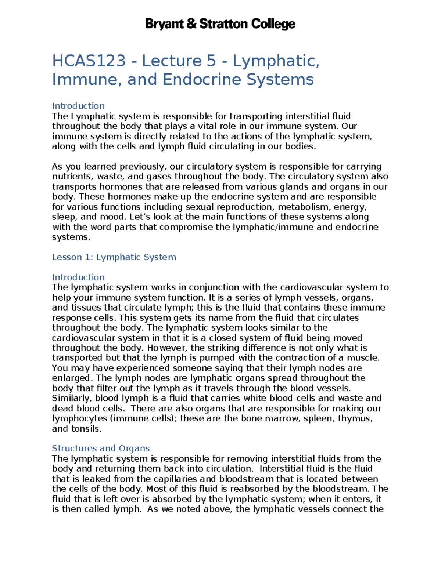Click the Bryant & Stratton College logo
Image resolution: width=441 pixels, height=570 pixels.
click(220, 24)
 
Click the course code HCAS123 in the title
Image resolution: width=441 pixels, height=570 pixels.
click(89, 61)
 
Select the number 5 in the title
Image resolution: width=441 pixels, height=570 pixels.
click(211, 61)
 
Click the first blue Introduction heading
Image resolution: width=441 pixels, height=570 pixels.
click(78, 106)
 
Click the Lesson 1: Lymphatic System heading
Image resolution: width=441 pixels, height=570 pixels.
click(114, 257)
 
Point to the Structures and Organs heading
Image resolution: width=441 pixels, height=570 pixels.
click(101, 449)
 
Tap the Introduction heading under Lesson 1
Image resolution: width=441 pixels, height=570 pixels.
click(78, 277)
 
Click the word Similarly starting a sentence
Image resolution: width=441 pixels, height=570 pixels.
click(72, 398)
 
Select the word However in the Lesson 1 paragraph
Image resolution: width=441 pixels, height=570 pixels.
click(168, 348)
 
